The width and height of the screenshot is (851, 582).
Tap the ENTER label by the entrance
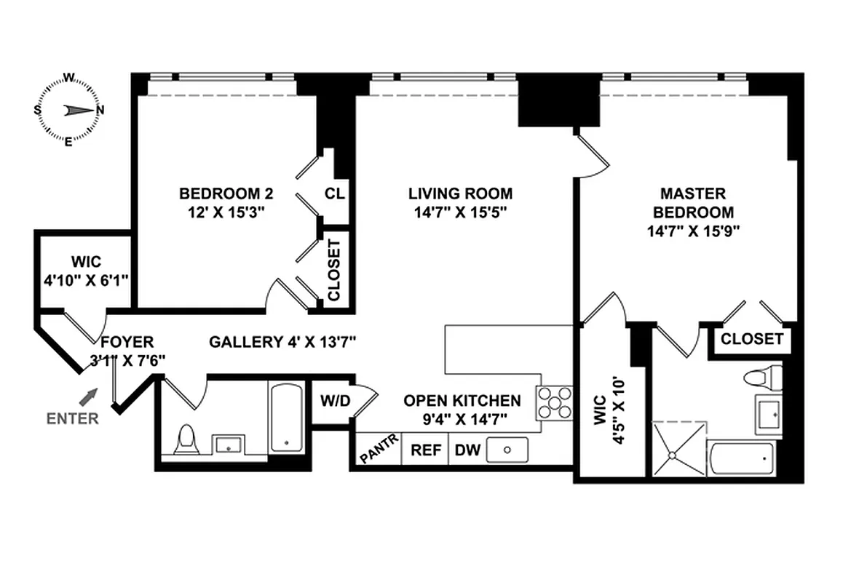[73, 418]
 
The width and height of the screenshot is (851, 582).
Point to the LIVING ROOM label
[460, 194]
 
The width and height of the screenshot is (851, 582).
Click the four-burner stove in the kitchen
[555, 402]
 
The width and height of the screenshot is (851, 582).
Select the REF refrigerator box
[426, 450]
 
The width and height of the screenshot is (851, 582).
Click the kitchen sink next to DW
[507, 450]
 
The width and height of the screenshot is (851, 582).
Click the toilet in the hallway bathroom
[187, 441]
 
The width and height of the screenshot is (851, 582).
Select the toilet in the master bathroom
[760, 378]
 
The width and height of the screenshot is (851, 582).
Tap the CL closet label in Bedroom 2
[335, 194]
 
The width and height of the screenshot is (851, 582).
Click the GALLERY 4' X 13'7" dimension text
[282, 341]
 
